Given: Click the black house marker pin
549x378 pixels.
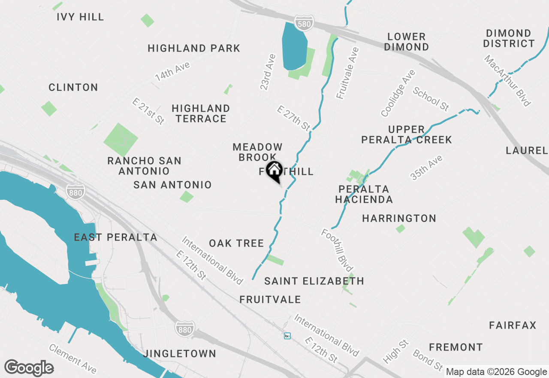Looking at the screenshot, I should coord(274,171).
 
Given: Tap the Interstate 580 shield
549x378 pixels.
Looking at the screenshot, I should coord(304,24).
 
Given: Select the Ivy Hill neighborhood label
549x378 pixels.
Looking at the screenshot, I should coord(80,17).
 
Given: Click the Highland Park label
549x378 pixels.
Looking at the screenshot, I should coord(194,48).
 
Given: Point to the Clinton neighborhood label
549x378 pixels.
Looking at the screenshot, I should coord(73,88).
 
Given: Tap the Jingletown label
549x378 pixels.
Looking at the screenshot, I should coord(180,354).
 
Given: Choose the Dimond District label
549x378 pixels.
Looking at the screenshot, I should coord(510,38).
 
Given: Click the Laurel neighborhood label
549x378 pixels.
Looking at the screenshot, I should coord(527,150).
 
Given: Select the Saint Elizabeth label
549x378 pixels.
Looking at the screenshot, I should coord(314,281).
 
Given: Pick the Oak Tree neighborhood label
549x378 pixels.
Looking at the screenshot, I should coord(236,244).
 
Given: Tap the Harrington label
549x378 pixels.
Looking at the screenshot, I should coord(399,219).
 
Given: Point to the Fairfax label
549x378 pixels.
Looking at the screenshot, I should coord(513,326).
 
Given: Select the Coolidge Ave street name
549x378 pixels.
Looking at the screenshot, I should coord(398,93).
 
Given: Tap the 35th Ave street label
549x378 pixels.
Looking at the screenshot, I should coord(426,168).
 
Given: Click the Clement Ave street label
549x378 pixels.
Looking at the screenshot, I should coord(72,358).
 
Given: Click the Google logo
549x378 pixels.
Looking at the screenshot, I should coord(29,368).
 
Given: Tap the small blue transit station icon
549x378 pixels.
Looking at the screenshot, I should coord(287,335).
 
